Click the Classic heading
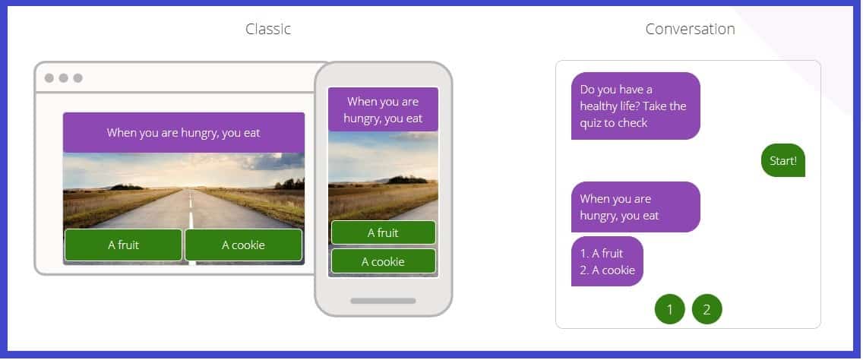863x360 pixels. point(268,29)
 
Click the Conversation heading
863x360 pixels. point(690,29)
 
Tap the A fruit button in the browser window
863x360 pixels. point(123,245)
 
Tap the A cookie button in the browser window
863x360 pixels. point(243,245)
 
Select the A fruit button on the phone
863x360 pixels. point(383,233)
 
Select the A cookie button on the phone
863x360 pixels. point(383,261)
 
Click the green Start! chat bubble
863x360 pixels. point(782,160)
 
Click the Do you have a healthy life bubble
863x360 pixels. point(636,106)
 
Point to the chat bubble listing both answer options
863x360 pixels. point(607,261)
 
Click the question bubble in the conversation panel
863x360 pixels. point(636,207)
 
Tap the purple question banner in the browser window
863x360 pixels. point(184,133)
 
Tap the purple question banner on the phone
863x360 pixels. point(383,109)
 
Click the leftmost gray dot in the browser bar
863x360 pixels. point(49,78)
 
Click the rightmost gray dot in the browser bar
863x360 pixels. point(77,78)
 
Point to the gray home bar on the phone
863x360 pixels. point(383,301)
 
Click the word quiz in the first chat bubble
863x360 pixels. point(590,123)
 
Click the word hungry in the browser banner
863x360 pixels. point(199,133)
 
